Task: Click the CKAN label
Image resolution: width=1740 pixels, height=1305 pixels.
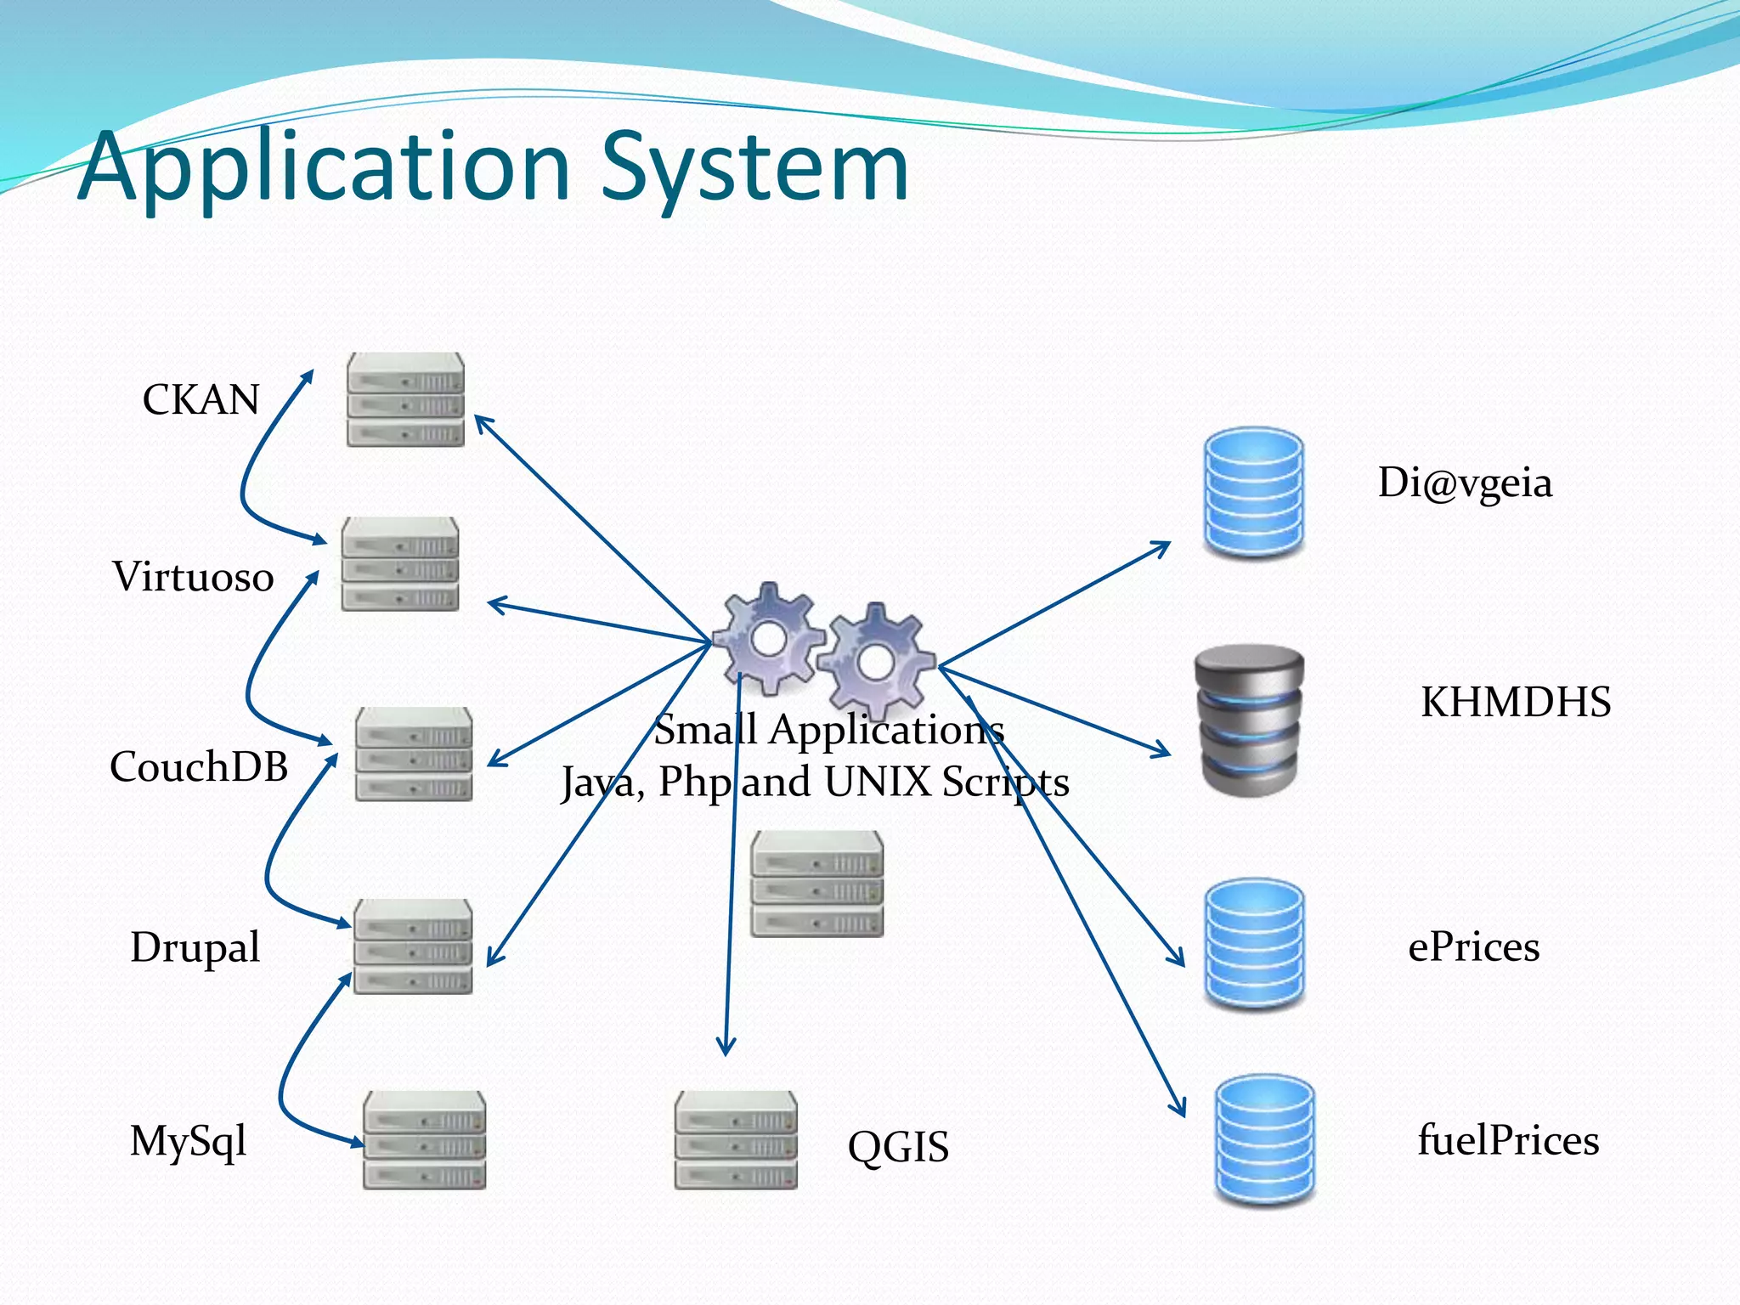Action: tap(201, 399)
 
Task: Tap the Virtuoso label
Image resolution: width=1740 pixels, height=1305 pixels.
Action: tap(193, 577)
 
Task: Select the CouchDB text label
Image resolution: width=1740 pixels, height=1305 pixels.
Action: tap(199, 766)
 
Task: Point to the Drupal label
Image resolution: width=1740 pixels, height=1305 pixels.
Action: tap(195, 946)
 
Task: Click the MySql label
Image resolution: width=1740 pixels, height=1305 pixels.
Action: tap(188, 1141)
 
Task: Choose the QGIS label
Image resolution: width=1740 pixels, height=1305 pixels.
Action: tap(898, 1147)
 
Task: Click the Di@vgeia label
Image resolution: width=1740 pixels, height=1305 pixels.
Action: tap(1465, 483)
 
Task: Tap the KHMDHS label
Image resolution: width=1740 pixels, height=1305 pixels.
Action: tap(1516, 703)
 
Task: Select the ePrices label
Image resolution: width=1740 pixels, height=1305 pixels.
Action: tap(1473, 946)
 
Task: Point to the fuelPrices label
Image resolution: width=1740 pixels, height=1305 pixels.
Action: tap(1508, 1140)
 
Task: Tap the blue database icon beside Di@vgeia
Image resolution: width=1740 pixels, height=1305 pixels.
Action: tap(1254, 493)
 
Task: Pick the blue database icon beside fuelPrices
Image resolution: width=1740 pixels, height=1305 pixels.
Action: tap(1264, 1140)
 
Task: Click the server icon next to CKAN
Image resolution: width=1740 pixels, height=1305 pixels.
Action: tap(405, 399)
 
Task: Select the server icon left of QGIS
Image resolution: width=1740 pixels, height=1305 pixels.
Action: tap(736, 1140)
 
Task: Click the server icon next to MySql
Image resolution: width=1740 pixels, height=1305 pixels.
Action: tap(424, 1140)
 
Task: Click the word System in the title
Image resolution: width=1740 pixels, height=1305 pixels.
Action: tap(755, 167)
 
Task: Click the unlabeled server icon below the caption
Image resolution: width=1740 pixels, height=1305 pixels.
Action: tap(816, 884)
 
